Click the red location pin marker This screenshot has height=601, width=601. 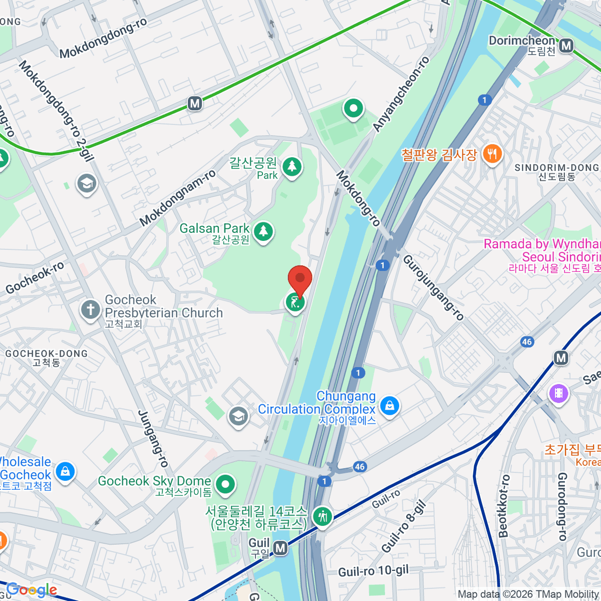tap(300, 279)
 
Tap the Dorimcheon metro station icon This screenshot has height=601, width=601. tap(566, 46)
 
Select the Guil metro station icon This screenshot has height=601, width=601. tap(280, 548)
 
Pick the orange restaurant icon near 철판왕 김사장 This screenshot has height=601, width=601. tap(492, 154)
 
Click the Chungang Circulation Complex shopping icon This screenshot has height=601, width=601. tap(389, 405)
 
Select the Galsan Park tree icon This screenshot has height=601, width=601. tap(263, 231)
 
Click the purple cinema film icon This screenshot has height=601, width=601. tap(559, 393)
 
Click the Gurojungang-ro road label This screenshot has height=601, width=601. tap(434, 287)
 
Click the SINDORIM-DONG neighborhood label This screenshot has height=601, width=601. tap(556, 168)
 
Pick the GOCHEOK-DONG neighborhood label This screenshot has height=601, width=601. tap(46, 354)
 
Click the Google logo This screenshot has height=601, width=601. tap(31, 590)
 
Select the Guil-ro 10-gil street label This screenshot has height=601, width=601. tap(373, 571)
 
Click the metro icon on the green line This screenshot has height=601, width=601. tap(195, 104)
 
